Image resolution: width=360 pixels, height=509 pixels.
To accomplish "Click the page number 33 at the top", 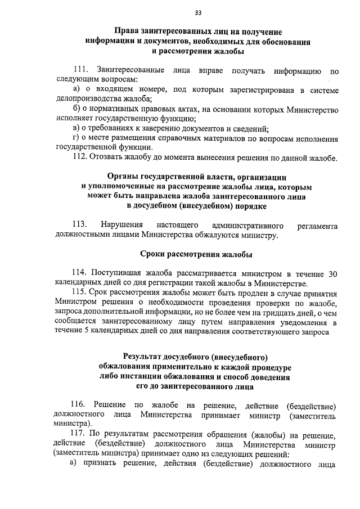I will [x=198, y=13].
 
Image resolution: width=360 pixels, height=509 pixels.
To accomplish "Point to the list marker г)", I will [x=77, y=137].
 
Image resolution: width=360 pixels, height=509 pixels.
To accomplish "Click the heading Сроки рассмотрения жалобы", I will [x=196, y=255].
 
